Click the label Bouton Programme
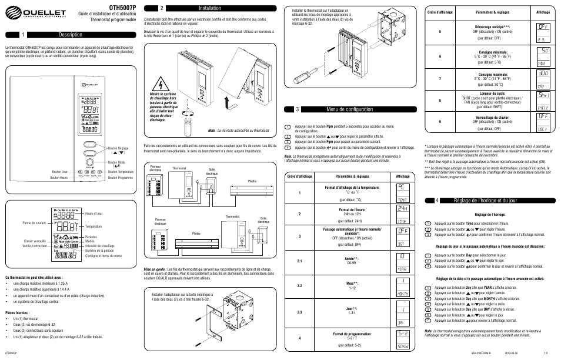pos(121,176)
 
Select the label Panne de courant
pos(35,222)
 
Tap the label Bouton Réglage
pos(118,148)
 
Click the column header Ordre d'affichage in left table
pos(299,176)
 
